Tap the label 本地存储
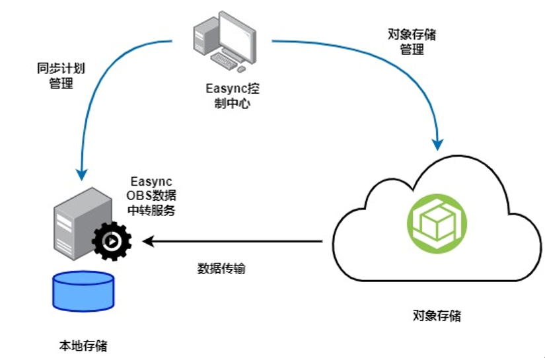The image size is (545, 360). pyautogui.click(x=83, y=345)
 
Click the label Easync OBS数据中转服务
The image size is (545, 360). pyautogui.click(x=153, y=196)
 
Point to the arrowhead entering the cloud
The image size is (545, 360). pyautogui.click(x=437, y=141)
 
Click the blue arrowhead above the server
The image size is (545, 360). pyautogui.click(x=81, y=174)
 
